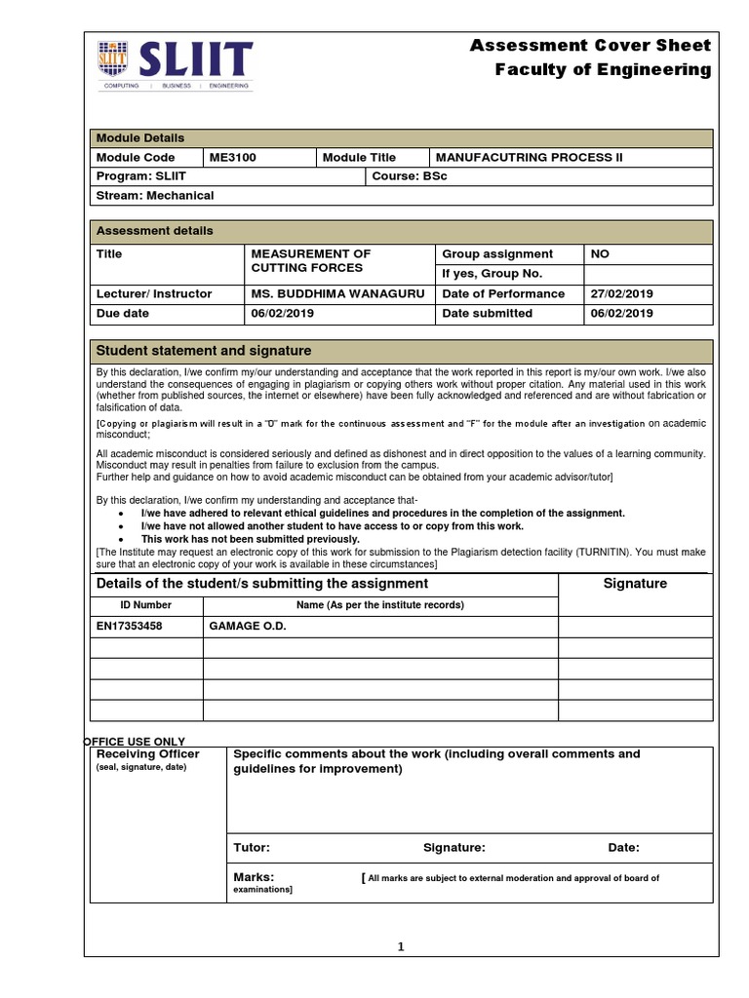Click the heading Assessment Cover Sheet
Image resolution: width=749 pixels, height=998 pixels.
click(590, 46)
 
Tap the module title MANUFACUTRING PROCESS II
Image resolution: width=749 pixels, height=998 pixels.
click(528, 157)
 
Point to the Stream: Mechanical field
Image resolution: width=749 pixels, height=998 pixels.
click(154, 195)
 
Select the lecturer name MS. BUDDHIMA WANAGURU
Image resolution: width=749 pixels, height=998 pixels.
click(337, 293)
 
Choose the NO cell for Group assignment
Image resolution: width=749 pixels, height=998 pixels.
click(600, 253)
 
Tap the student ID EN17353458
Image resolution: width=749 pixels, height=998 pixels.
click(130, 626)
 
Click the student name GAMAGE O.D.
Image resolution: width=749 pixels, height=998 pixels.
click(248, 626)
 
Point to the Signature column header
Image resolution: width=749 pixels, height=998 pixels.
click(636, 584)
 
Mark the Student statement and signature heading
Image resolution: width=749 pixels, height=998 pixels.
click(203, 351)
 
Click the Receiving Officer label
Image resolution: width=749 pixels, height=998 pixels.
click(147, 754)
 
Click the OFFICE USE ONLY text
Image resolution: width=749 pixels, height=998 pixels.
click(135, 742)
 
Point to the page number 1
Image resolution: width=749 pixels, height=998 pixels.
click(400, 947)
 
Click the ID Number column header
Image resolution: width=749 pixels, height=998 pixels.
click(145, 605)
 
